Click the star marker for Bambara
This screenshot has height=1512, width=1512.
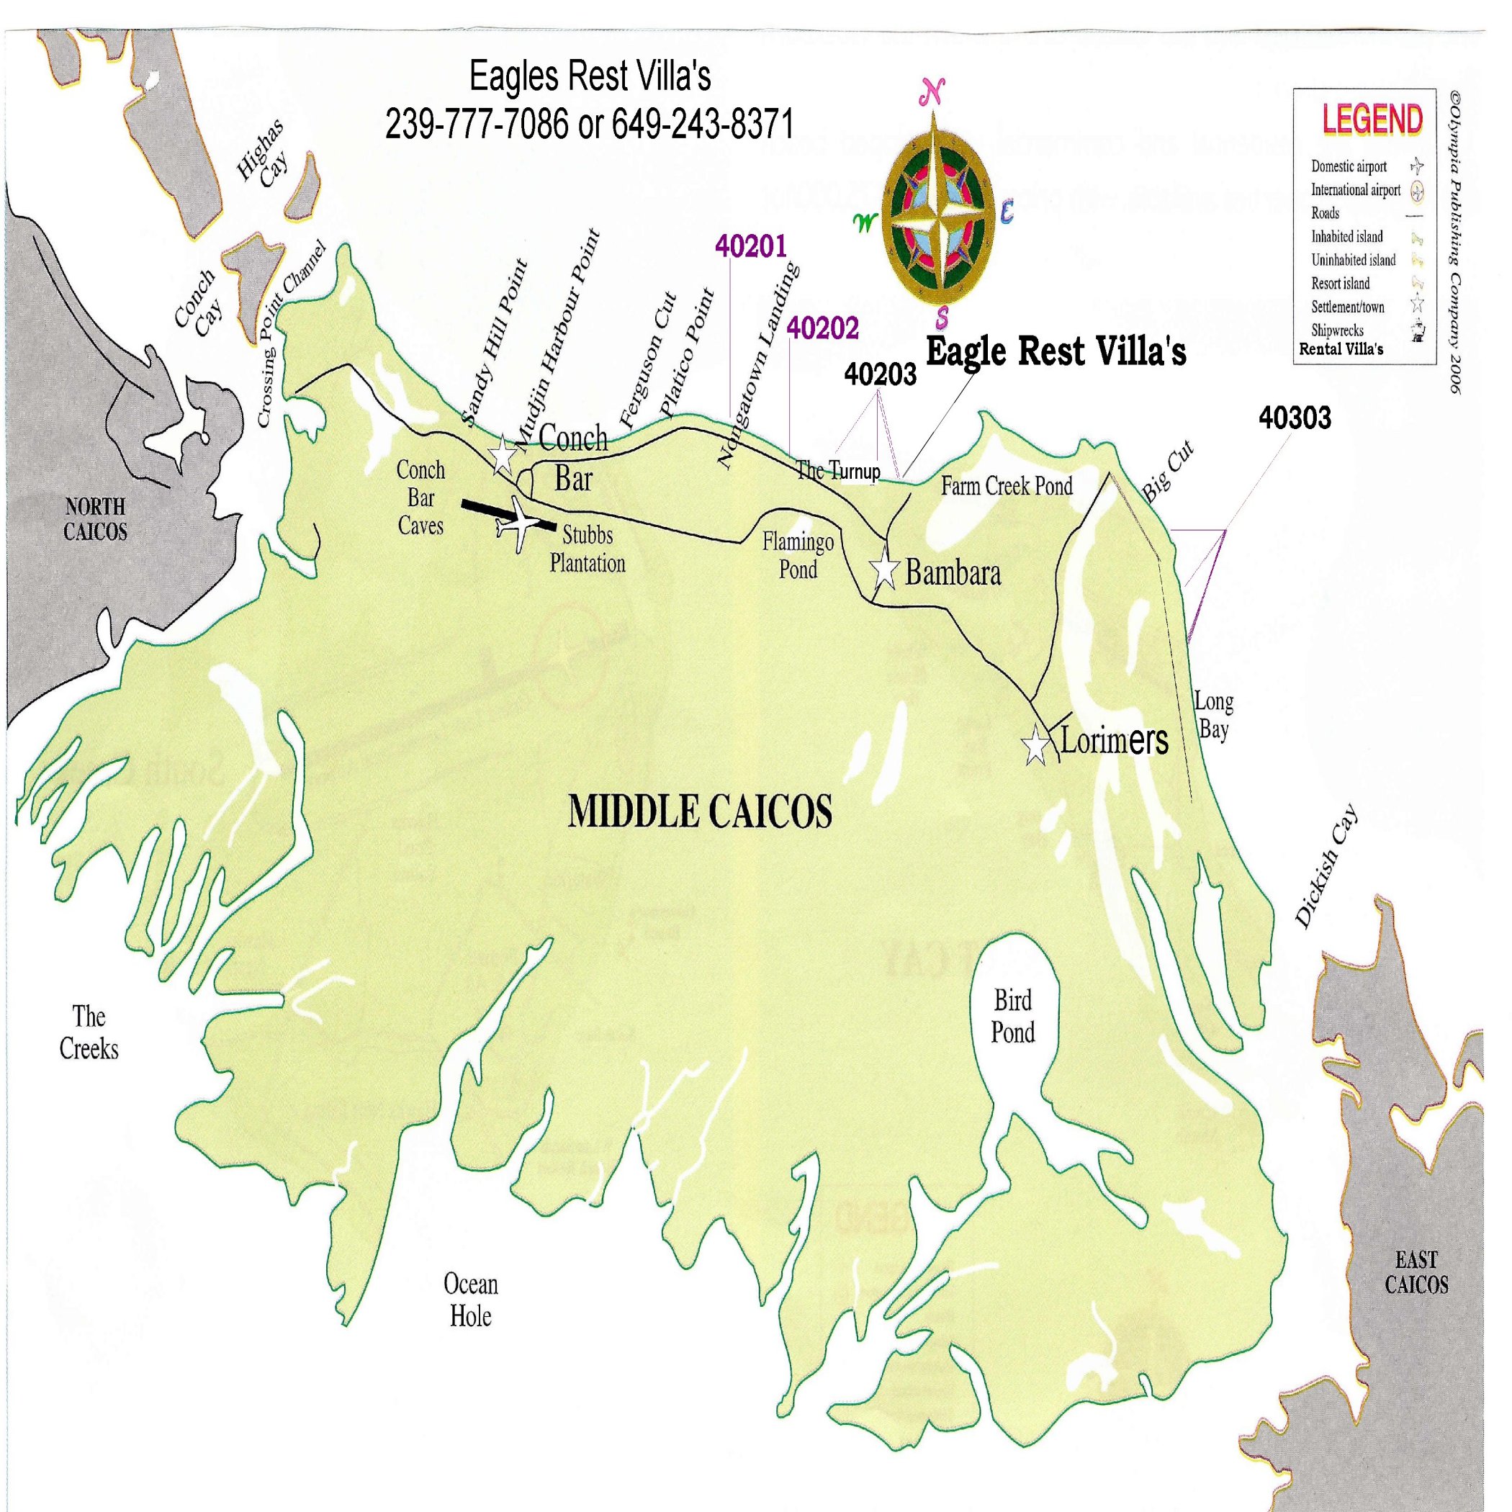pos(885,570)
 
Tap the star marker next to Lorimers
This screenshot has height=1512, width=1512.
pos(1036,745)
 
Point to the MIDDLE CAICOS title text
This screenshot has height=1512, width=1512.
pos(700,811)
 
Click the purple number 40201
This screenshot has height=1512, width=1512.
pos(750,246)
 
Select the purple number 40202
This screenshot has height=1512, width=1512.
pos(822,328)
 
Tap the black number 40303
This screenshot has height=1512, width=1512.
pos(1295,419)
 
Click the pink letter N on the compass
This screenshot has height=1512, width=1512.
pos(932,93)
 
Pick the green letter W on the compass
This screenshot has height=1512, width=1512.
pos(865,223)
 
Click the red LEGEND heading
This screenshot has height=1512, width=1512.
pos(1372,119)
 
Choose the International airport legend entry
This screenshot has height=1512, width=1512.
pos(1356,190)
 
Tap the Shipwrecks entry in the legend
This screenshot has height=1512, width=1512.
pos(1338,330)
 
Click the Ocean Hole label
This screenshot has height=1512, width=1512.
pos(470,1300)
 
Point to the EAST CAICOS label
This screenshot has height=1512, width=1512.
pos(1416,1272)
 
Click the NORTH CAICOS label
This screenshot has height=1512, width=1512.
pos(95,519)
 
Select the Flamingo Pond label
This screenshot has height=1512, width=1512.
pos(798,555)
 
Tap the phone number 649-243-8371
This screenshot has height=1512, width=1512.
pos(702,124)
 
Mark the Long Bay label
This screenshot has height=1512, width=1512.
pos(1213,715)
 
